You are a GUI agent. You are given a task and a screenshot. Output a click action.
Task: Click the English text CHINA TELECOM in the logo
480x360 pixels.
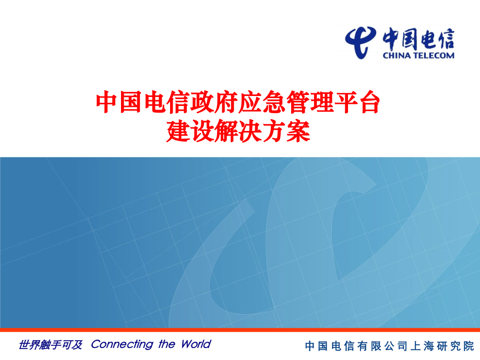(418, 55)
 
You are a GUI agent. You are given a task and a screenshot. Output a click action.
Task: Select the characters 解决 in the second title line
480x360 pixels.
(237, 132)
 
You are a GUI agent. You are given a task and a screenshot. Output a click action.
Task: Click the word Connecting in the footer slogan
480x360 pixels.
(122, 344)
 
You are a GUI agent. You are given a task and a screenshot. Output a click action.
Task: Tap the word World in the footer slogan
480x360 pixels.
(196, 344)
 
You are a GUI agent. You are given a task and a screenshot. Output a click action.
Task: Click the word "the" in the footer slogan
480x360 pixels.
(167, 344)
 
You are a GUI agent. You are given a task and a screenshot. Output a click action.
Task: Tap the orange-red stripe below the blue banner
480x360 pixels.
(240, 330)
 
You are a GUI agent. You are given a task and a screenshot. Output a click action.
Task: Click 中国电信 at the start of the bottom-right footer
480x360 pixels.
(328, 346)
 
